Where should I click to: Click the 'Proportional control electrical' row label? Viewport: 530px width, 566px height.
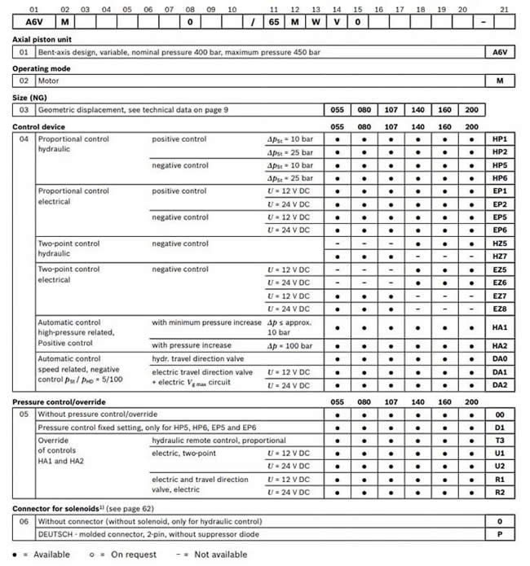(73, 196)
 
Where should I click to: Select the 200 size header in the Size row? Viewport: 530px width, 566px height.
(472, 110)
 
